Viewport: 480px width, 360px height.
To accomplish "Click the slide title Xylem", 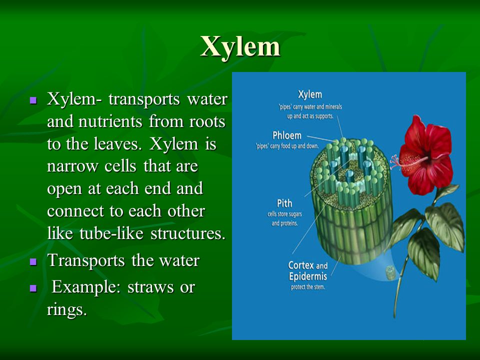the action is click(240, 46).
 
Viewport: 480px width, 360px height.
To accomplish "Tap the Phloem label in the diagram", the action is click(287, 135).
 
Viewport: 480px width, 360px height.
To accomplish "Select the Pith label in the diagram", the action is click(284, 203).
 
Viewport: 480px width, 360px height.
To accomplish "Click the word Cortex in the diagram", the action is click(301, 265).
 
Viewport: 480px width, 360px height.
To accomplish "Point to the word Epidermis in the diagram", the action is click(307, 276).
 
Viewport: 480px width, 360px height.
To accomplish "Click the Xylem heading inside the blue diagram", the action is click(310, 94).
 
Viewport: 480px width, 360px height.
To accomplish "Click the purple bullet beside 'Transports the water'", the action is click(33, 261).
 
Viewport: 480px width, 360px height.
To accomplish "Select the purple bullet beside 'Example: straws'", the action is click(33, 288).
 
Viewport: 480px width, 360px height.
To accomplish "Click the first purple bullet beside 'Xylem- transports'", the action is click(33, 100).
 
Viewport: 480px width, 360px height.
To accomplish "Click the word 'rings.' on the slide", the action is click(67, 310).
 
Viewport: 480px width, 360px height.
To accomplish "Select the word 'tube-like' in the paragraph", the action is click(111, 233).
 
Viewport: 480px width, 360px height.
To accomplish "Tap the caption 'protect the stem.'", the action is click(307, 287).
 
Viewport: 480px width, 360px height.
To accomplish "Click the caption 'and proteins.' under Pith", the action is click(284, 223).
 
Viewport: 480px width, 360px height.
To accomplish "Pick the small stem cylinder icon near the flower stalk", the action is click(390, 273).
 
